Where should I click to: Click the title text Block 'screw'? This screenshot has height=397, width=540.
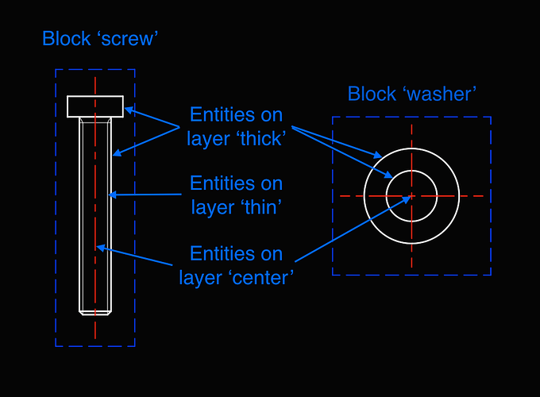[100, 38]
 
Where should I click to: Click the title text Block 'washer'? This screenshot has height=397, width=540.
[411, 94]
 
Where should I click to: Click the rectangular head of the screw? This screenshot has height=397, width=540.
[94, 106]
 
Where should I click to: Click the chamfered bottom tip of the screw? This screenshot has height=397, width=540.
[94, 312]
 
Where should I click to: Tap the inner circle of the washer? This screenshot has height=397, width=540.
[411, 171]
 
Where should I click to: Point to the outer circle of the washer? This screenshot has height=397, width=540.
[411, 148]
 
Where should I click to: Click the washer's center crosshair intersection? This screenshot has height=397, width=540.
[411, 195]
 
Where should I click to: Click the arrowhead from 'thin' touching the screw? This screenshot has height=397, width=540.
[112, 194]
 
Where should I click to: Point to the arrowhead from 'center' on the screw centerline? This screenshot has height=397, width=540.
[98, 247]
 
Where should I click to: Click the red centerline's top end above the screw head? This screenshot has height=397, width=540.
[94, 79]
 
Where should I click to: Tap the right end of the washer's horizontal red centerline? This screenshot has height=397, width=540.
[483, 195]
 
